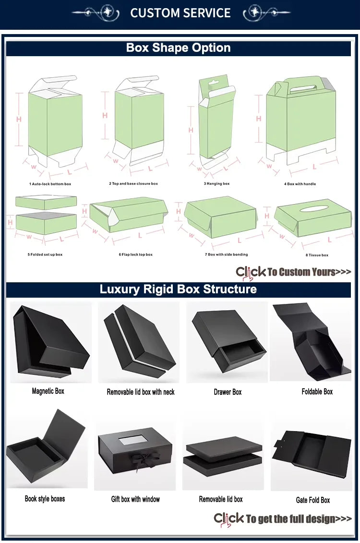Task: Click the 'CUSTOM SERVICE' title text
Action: point(180,13)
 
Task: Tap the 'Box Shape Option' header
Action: point(178,48)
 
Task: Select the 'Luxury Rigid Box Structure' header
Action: point(178,289)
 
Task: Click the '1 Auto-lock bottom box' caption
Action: point(50,184)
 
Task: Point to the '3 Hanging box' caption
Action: point(216,184)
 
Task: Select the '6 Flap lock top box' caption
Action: point(136,254)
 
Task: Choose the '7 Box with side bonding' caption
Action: point(227,254)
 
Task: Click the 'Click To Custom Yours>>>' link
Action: point(293,272)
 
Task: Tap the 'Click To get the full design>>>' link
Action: point(283,519)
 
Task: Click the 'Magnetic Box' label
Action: point(48,391)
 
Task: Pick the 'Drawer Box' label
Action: point(228,392)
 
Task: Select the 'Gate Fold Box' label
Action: point(313,500)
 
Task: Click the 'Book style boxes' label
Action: point(45,499)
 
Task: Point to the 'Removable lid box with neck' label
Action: point(141,392)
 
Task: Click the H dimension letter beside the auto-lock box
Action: point(19,119)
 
